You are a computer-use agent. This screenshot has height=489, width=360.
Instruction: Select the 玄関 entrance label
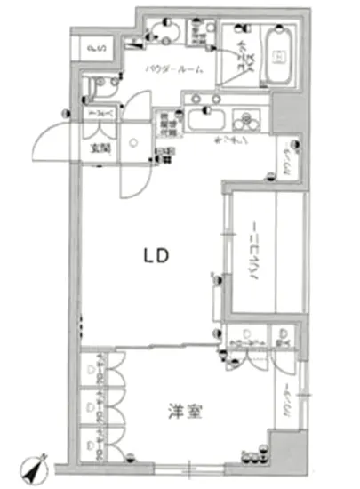click(x=97, y=147)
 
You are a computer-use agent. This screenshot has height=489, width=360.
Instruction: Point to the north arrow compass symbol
click(x=38, y=467)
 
